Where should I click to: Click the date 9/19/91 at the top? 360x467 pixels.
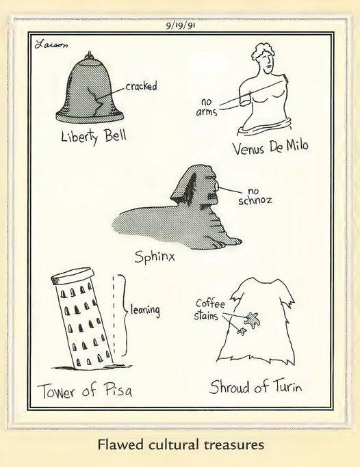click(179, 27)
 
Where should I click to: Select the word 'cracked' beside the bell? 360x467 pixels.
click(142, 86)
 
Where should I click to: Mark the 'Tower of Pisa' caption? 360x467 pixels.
click(84, 391)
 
